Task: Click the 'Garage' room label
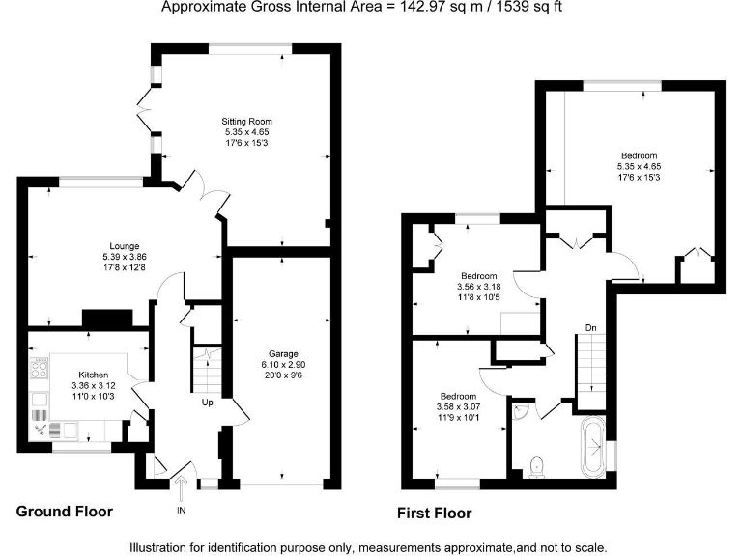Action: coord(283,354)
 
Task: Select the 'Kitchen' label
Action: coord(94,375)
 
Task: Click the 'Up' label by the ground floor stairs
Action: coord(207,403)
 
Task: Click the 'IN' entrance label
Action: coord(181,509)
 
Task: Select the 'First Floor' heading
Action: coord(434,514)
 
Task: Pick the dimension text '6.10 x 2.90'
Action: coord(283,365)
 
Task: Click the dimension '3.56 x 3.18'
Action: coord(478,286)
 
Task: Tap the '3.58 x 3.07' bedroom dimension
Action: coord(458,407)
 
